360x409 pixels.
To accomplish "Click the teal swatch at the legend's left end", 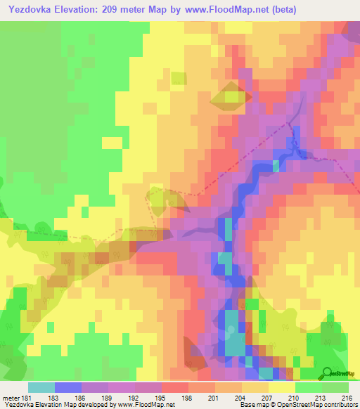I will click(41, 387).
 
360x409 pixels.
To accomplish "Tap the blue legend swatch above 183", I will click(68, 387).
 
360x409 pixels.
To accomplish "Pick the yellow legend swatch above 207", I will click(255, 387).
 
